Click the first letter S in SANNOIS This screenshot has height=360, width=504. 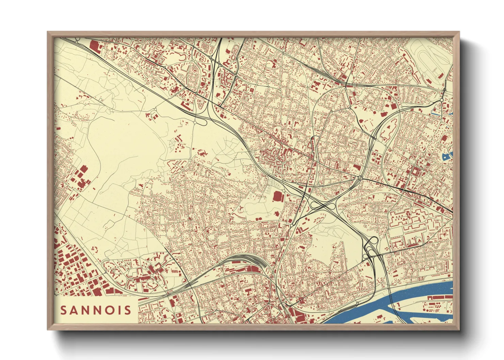64,310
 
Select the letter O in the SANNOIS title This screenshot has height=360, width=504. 109,310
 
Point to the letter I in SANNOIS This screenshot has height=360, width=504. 119,310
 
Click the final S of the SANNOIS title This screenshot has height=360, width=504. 127,310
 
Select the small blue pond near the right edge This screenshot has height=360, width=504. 446,157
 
